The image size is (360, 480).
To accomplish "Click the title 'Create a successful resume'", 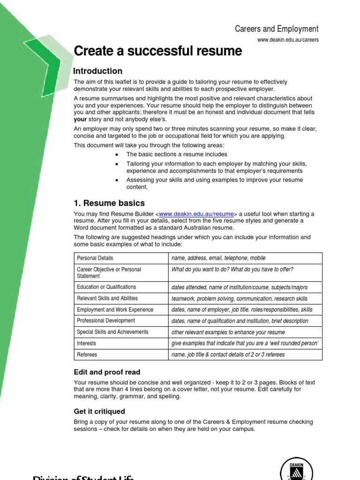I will (158, 51).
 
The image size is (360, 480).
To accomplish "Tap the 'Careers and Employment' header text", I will (277, 29).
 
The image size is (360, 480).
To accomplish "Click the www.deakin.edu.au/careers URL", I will (288, 40).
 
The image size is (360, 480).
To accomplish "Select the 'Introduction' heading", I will (98, 71).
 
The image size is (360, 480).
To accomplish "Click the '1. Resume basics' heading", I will (109, 203).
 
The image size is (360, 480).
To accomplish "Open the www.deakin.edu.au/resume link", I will (196, 214).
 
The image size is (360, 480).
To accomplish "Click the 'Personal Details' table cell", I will (95, 258).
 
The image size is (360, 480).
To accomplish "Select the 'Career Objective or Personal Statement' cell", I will (109, 273).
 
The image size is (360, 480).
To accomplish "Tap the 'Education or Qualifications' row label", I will (106, 287).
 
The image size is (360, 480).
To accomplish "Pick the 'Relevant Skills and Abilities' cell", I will (107, 298).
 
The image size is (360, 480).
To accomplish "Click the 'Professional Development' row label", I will (106, 321).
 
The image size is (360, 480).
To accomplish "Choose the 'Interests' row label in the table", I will (86, 343).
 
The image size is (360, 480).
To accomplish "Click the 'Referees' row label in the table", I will (87, 354).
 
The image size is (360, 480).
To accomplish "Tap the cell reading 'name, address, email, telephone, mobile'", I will (218, 258).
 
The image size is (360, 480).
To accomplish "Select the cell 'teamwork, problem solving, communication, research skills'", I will (240, 299).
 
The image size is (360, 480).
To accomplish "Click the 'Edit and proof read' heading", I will (107, 372).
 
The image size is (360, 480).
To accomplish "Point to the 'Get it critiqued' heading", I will (99, 412).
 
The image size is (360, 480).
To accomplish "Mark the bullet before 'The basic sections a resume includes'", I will (116, 155).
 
